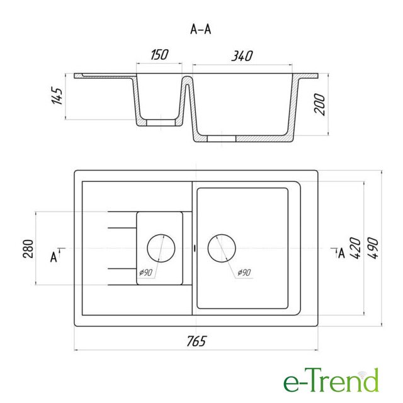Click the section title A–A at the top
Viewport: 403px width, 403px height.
pyautogui.click(x=200, y=30)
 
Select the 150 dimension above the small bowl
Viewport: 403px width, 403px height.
pyautogui.click(x=159, y=55)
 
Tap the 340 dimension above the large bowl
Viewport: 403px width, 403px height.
pyautogui.click(x=242, y=56)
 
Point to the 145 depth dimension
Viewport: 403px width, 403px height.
pyautogui.click(x=57, y=96)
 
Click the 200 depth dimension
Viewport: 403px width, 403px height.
pyautogui.click(x=319, y=104)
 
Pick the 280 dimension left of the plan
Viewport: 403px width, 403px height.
pyautogui.click(x=28, y=249)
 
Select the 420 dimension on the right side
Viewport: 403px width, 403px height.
pyautogui.click(x=356, y=248)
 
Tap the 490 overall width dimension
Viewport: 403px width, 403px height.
pyautogui.click(x=373, y=248)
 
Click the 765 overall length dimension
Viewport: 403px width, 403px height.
pyautogui.click(x=196, y=341)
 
